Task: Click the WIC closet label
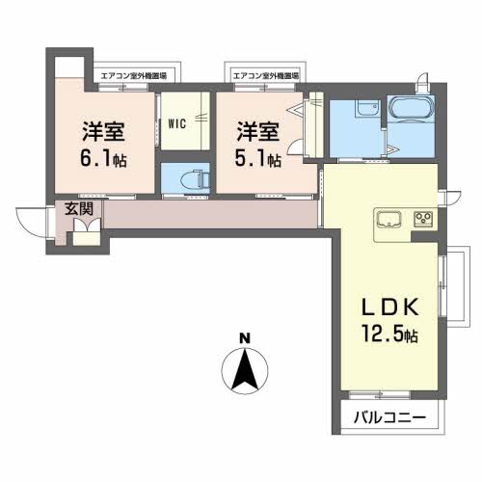point(177,123)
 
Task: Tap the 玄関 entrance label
point(79,209)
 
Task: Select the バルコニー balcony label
point(389,417)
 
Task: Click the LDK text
point(390,307)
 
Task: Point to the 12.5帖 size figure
point(389,334)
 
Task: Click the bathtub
point(412,109)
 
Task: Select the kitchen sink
point(388,220)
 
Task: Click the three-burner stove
point(423,219)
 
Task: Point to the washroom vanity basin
point(368,109)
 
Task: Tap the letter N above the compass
point(245,338)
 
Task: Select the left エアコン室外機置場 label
point(134,76)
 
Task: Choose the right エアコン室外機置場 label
point(265,76)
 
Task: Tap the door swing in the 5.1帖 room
point(295,148)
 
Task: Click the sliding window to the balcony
point(380,394)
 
